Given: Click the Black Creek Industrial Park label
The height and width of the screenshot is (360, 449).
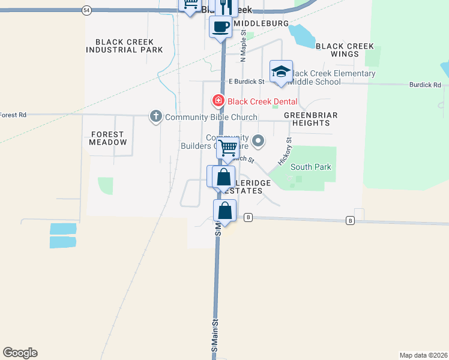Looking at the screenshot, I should click(x=124, y=46).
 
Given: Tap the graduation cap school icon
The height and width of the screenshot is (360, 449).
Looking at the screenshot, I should click(x=281, y=71).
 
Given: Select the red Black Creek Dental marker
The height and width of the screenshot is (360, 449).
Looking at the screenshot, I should click(x=218, y=101).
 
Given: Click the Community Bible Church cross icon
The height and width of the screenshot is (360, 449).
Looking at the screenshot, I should click(x=155, y=116).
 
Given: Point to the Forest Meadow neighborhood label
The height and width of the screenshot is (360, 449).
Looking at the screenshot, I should click(x=108, y=138).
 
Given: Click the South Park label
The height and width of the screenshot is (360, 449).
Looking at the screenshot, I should click(x=310, y=167).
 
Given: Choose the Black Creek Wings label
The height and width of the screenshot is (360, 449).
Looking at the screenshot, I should click(x=345, y=50).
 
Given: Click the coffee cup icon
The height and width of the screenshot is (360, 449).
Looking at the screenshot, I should click(x=221, y=26).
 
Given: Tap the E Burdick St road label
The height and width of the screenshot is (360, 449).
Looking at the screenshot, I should click(x=246, y=82).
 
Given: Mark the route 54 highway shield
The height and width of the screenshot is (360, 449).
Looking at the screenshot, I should click(x=87, y=10).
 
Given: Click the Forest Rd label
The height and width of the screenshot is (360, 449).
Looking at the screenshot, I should click(x=13, y=115).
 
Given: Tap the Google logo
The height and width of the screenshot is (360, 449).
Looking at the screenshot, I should click(x=20, y=353).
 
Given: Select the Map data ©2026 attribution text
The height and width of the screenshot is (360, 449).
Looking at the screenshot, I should click(x=423, y=355).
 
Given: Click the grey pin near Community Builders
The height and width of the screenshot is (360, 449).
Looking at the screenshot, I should click(x=259, y=141).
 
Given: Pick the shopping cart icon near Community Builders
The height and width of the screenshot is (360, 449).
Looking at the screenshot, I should click(x=228, y=147).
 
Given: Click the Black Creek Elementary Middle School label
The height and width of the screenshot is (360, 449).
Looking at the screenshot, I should click(x=334, y=77).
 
